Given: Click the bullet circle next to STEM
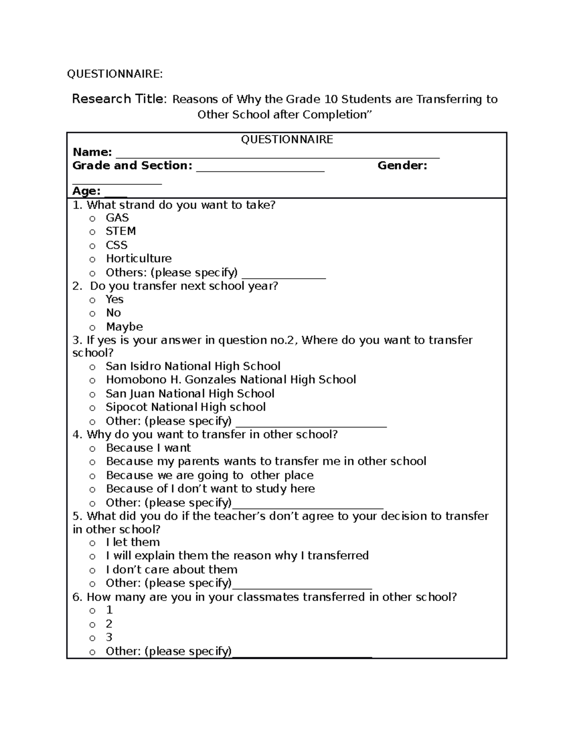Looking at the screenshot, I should click(x=92, y=232).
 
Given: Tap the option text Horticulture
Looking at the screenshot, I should click(x=138, y=259).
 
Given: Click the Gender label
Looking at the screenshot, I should click(x=402, y=165).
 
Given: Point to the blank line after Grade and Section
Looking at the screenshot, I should click(x=260, y=170).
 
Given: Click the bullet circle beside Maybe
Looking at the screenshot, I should click(x=92, y=327).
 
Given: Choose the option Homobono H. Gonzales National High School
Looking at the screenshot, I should click(x=230, y=380).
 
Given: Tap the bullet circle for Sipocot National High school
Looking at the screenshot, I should click(x=92, y=408).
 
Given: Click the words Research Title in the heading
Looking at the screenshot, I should click(x=119, y=99).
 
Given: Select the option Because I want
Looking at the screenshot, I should click(x=148, y=448).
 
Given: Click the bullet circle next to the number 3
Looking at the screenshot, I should click(x=92, y=638).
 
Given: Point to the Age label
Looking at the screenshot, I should click(x=86, y=191).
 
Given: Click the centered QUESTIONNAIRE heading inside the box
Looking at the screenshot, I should click(x=287, y=139).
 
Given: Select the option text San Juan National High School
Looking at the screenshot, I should click(x=190, y=394).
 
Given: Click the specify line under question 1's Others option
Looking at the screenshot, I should click(x=284, y=277).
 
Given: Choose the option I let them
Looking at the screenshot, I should click(x=133, y=542).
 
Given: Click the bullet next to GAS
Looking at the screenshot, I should click(x=92, y=218).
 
